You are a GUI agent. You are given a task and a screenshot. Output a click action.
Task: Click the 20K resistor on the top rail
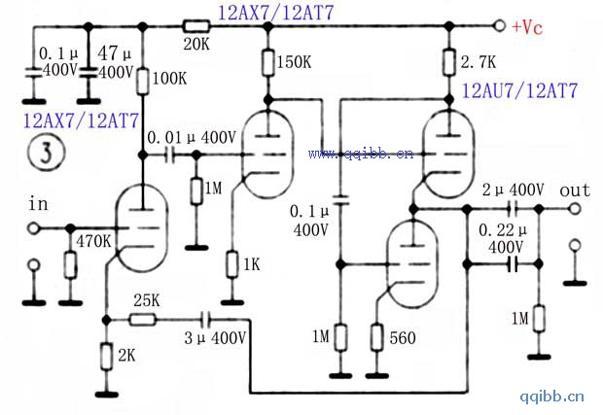coord(197,26)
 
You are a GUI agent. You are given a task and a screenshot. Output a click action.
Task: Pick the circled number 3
coord(39,152)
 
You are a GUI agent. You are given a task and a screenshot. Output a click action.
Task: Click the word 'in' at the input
coord(38,204)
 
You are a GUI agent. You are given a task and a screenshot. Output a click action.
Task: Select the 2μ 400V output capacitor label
coord(514,189)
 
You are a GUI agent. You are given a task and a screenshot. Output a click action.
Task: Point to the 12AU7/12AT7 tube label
coord(519,92)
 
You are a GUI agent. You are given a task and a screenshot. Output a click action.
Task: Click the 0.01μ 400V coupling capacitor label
coord(192,139)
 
